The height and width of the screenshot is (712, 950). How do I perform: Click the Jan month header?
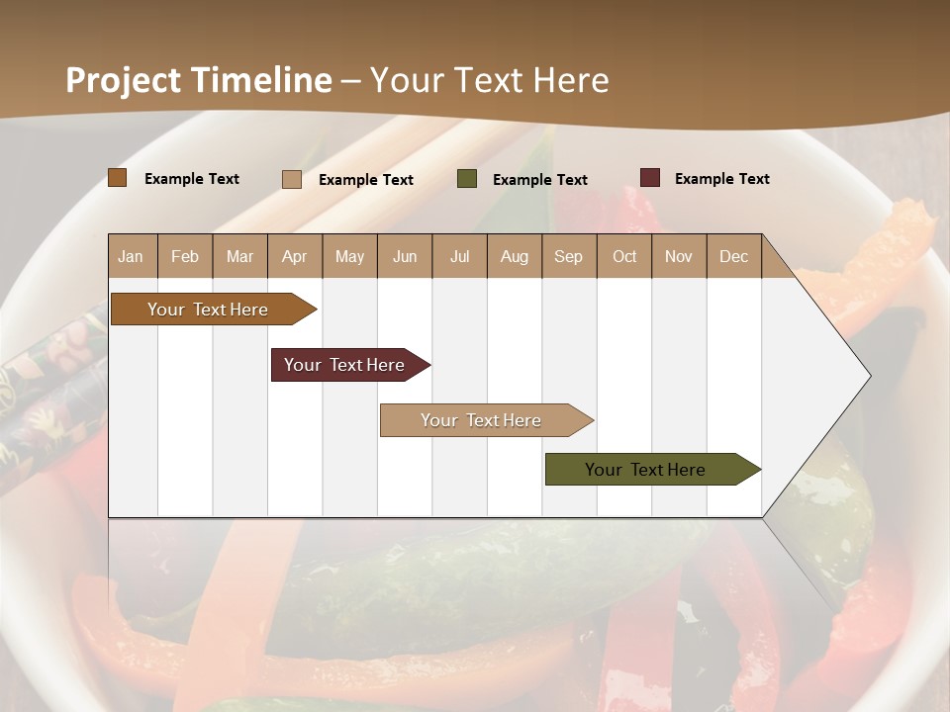132,256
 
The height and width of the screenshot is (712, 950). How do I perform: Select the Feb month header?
185,256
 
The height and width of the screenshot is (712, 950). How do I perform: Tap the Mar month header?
239,256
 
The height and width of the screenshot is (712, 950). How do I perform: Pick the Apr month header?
294,256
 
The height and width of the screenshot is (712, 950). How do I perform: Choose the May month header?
349,256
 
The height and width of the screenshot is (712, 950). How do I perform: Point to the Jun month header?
405,256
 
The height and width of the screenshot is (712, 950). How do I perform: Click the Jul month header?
459,256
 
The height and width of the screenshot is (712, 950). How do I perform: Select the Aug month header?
514,256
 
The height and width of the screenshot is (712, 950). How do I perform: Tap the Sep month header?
568,256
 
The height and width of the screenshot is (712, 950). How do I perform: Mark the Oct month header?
624,256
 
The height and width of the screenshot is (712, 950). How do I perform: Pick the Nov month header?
679,256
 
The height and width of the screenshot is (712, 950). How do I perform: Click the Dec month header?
733,256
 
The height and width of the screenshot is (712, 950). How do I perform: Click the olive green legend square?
467,179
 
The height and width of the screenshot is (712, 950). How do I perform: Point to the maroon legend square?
649,178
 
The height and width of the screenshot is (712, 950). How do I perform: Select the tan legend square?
292,179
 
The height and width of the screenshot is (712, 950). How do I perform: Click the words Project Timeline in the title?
199,80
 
